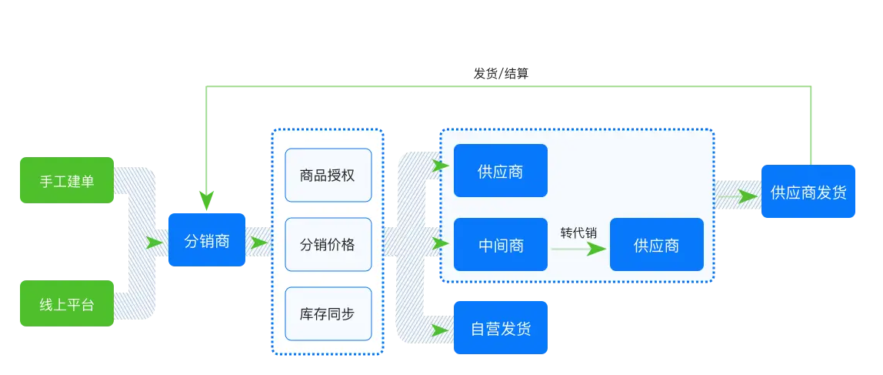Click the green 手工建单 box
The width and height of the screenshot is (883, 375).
tap(67, 180)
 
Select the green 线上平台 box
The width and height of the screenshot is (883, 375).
tap(67, 303)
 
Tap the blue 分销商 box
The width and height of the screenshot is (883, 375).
tap(207, 240)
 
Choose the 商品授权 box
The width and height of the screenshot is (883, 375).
tap(328, 175)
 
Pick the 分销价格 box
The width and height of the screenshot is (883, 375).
tap(328, 244)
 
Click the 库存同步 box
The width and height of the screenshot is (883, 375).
tap(328, 313)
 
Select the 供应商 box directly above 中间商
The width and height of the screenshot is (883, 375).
tap(500, 171)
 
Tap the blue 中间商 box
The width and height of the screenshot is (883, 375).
tap(500, 245)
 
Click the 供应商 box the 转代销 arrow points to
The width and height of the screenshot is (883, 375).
tap(656, 245)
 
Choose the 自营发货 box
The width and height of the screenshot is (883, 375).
tap(500, 328)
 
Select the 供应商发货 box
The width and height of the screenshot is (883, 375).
tap(808, 192)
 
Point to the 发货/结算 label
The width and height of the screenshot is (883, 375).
tap(501, 74)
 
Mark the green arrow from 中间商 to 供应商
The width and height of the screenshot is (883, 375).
tap(578, 249)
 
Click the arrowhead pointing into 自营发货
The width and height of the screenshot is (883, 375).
tap(441, 330)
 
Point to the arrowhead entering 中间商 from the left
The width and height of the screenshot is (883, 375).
tap(441, 244)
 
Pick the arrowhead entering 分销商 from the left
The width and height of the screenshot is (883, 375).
tap(156, 243)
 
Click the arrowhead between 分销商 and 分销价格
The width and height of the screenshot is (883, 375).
tap(258, 243)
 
